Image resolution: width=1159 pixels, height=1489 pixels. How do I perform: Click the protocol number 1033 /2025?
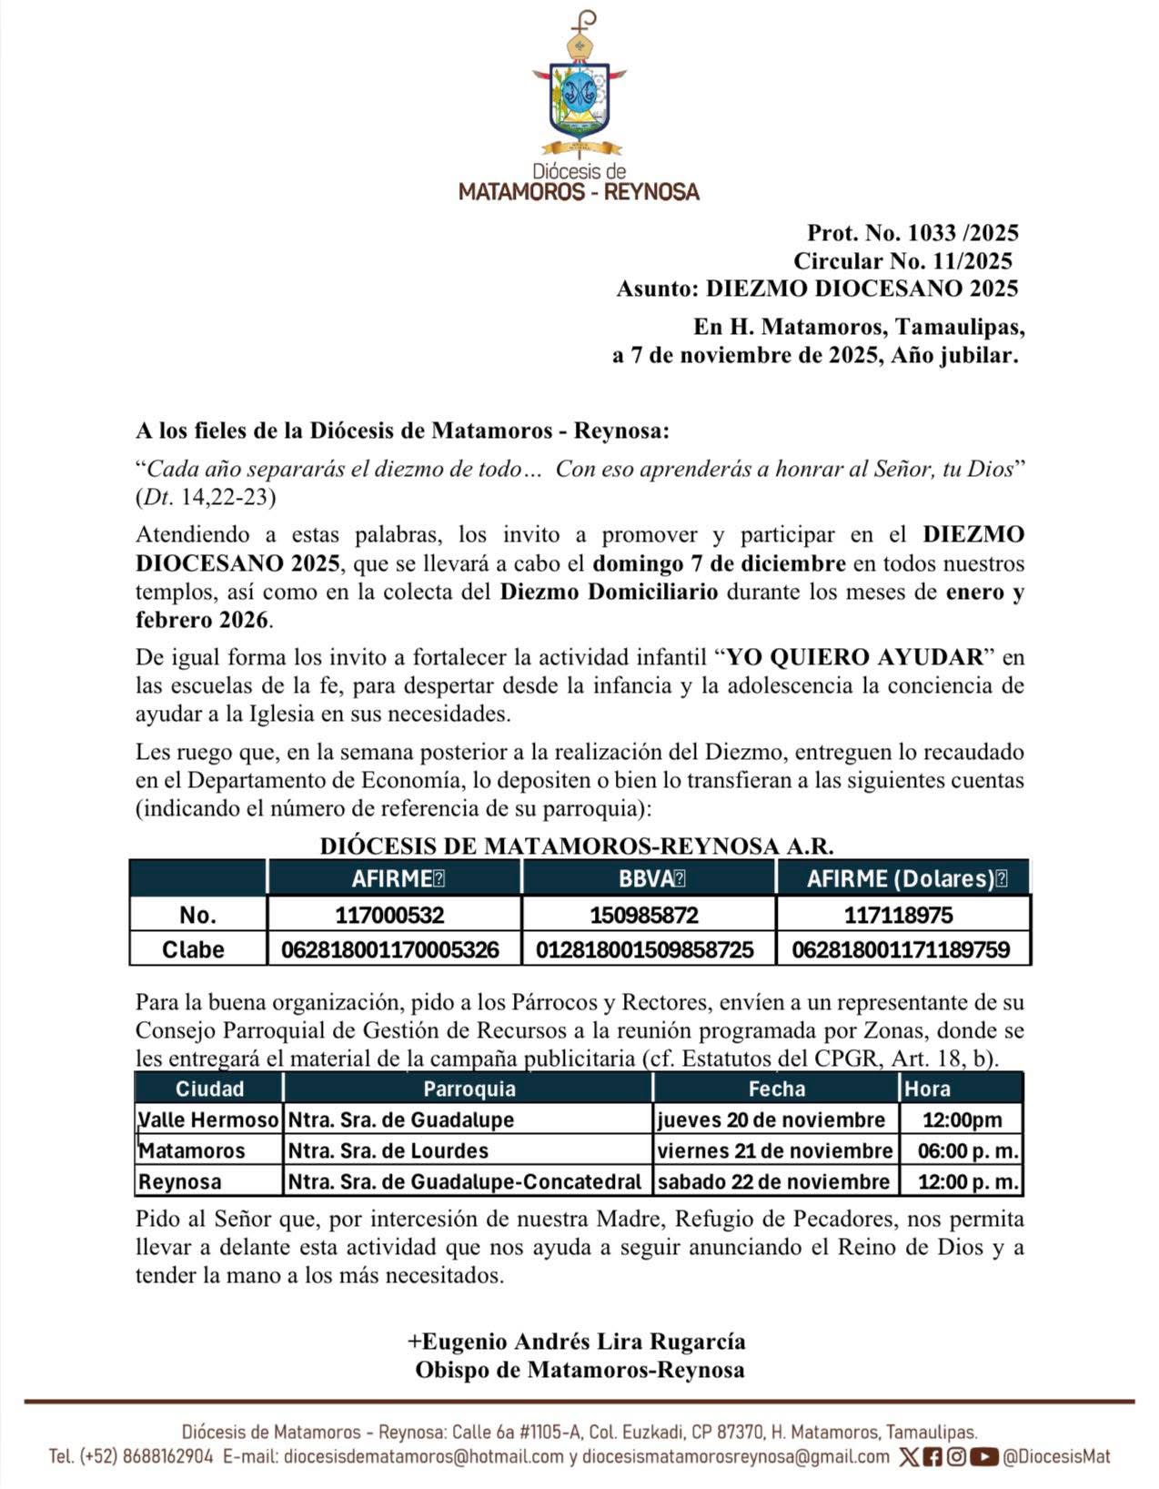point(912,233)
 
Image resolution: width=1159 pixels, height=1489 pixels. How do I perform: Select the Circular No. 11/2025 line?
point(902,261)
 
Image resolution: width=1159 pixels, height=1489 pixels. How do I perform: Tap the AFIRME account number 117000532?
point(389,915)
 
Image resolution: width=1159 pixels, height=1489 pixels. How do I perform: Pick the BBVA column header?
point(650,878)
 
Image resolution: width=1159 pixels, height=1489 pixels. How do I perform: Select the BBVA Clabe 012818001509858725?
point(644,949)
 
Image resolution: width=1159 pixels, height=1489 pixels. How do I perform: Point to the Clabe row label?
point(193,949)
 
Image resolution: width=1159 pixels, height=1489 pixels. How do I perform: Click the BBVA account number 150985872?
point(644,915)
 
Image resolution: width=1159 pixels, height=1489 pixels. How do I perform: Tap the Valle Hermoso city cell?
point(208,1119)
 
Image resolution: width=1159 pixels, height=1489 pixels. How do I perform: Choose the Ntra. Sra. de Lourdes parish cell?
point(388,1150)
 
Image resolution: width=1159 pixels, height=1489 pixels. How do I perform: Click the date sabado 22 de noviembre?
point(773,1181)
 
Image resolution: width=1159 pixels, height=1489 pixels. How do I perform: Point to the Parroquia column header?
point(469,1089)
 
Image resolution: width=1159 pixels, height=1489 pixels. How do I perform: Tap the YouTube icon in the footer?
point(983,1456)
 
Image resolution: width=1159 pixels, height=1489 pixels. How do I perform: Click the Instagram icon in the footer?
point(956,1456)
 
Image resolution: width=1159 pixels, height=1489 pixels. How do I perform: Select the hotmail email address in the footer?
point(424,1456)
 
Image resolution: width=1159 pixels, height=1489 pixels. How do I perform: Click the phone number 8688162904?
point(166,1456)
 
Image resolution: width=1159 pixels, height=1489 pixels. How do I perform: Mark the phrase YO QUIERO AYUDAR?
point(857,656)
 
